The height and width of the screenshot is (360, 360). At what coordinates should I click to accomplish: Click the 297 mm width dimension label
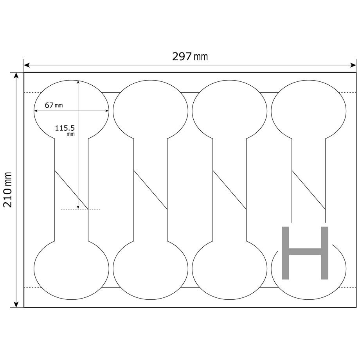pyautogui.click(x=190, y=56)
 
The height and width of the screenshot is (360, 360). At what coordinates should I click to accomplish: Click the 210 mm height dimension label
pyautogui.click(x=7, y=189)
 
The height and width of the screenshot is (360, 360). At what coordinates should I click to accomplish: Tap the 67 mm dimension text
pyautogui.click(x=54, y=105)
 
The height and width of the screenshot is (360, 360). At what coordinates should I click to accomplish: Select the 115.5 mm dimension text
pyautogui.click(x=65, y=130)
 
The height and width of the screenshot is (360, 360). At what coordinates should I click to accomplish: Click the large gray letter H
pyautogui.click(x=305, y=253)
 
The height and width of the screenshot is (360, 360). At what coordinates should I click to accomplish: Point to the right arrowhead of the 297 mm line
pyautogui.click(x=353, y=65)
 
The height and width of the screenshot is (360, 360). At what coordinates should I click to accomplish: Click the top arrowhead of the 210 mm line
pyautogui.click(x=16, y=76)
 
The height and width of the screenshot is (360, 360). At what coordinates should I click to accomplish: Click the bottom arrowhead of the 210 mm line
pyautogui.click(x=16, y=304)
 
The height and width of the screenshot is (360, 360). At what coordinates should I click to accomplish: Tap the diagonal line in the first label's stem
pyautogui.click(x=71, y=190)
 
